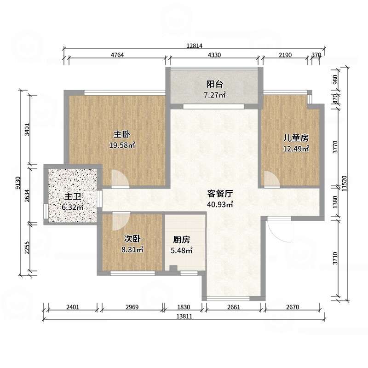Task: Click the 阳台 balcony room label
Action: click(215, 84)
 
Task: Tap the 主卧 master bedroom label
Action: click(121, 135)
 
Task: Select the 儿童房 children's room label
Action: click(295, 138)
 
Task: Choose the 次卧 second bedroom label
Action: click(132, 239)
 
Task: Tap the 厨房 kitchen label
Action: click(182, 240)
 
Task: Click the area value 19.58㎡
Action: click(121, 145)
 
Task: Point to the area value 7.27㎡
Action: click(215, 95)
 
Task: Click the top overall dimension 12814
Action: click(195, 45)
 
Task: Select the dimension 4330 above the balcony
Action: click(214, 55)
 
